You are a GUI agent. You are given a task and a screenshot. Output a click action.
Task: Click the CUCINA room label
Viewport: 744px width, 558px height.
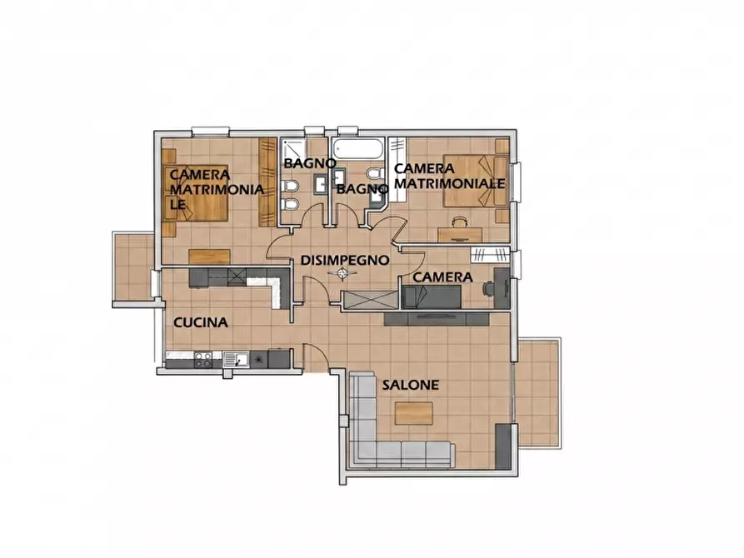pyautogui.click(x=201, y=322)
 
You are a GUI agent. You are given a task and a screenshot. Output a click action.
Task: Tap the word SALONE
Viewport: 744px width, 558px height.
pyautogui.click(x=411, y=385)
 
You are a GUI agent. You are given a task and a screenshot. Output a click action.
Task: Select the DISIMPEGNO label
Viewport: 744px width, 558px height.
pyautogui.click(x=345, y=260)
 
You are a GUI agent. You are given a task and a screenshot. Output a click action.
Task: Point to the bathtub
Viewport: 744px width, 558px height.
pyautogui.click(x=358, y=148)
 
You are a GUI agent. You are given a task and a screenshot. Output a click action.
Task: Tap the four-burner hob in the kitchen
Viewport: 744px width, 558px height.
pyautogui.click(x=203, y=360)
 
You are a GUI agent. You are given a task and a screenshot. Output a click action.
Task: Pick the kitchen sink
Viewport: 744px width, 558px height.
pyautogui.click(x=236, y=359)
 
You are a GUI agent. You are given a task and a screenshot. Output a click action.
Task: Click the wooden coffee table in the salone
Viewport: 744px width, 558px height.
pyautogui.click(x=414, y=413)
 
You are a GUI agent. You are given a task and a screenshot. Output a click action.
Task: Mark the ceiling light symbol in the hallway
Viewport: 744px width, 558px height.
pyautogui.click(x=342, y=273)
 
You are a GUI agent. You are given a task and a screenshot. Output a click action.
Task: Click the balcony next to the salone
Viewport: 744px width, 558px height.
pyautogui.click(x=538, y=393)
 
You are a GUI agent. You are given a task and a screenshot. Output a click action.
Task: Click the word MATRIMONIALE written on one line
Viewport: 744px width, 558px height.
pyautogui.click(x=450, y=183)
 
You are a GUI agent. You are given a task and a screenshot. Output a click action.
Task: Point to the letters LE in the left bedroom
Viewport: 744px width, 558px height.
pyautogui.click(x=178, y=205)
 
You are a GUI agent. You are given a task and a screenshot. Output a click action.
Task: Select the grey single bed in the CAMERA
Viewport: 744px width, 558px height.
pyautogui.click(x=432, y=297)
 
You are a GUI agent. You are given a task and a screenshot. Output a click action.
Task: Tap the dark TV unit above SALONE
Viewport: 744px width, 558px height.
pyautogui.click(x=437, y=318)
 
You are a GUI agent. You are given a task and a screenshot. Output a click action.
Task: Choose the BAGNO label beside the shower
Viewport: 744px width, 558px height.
pyautogui.click(x=310, y=163)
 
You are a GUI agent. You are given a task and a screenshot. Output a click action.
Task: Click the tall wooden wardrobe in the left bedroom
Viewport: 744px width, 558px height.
pyautogui.click(x=267, y=182)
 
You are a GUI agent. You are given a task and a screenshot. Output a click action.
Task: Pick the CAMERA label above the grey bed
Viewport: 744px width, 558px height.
pyautogui.click(x=442, y=277)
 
